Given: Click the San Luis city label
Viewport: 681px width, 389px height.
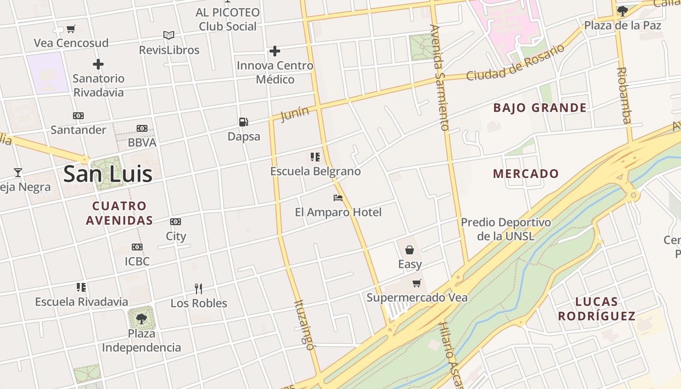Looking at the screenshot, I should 108,174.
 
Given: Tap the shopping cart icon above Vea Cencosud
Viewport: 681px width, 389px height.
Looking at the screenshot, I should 71,29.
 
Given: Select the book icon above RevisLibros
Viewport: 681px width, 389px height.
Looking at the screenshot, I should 169,35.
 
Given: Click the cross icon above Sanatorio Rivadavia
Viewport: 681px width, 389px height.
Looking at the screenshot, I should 98,64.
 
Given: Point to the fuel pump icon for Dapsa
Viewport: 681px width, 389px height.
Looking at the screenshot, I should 244,122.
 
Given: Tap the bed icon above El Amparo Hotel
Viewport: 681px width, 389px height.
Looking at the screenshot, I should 338,198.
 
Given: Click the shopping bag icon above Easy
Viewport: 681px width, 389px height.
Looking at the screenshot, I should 410,250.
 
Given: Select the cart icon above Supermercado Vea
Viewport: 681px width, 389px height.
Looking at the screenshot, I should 417,283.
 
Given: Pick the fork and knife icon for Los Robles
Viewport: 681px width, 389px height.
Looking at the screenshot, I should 198,289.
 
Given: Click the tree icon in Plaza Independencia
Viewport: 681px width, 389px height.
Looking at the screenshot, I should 142,319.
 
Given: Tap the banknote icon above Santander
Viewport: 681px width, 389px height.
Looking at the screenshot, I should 78,116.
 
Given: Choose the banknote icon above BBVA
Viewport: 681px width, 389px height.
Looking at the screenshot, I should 142,128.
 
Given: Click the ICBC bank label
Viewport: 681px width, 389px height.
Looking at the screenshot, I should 137,262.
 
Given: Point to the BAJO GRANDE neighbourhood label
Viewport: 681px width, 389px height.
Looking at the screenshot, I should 540,108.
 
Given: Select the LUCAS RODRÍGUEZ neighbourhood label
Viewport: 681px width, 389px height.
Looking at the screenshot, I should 596,309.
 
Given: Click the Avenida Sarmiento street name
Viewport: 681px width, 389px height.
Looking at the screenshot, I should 439,78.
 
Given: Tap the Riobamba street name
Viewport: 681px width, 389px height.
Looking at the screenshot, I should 624,95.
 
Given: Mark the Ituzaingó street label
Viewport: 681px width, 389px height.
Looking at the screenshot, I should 304,325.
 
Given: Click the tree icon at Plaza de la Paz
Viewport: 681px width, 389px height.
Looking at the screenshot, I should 622,11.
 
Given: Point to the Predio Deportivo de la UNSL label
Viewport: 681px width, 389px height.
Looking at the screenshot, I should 506,230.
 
